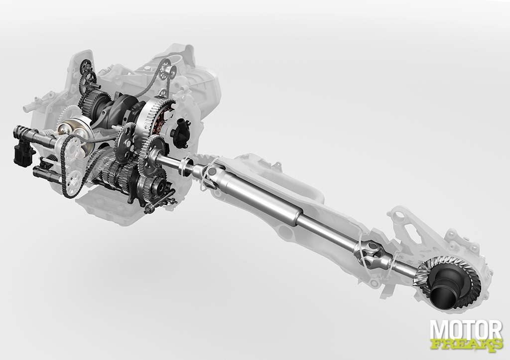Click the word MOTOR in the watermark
click(x=466, y=330)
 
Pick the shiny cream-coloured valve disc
click(x=73, y=132)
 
